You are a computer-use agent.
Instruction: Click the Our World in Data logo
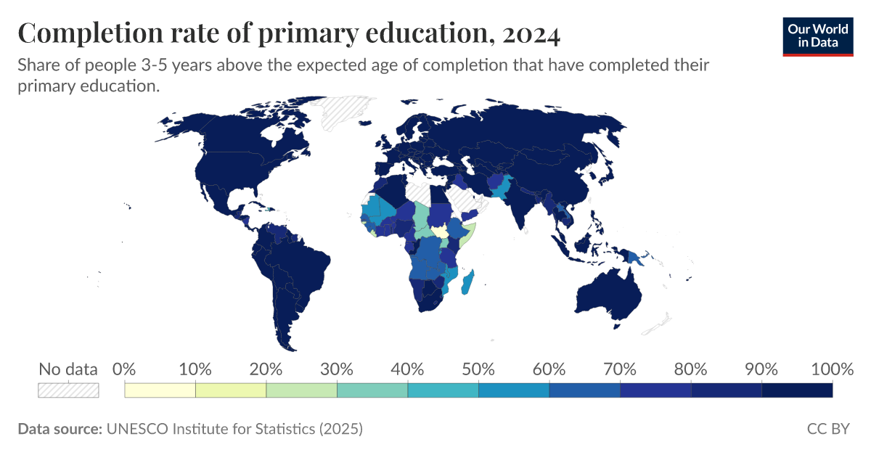click(x=817, y=36)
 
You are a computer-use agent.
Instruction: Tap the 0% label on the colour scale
click(x=125, y=369)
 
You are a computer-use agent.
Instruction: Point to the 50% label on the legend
click(x=478, y=369)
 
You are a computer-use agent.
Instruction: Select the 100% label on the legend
click(x=832, y=369)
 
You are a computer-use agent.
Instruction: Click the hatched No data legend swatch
click(x=68, y=390)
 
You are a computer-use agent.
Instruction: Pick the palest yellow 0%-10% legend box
click(x=160, y=390)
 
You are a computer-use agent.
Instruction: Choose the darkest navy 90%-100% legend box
click(x=797, y=390)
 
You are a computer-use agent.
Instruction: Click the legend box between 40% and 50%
click(x=443, y=390)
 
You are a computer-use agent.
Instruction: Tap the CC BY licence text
click(x=828, y=429)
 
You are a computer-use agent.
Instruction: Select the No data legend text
click(x=68, y=369)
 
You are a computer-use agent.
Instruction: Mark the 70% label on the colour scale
click(x=620, y=369)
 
